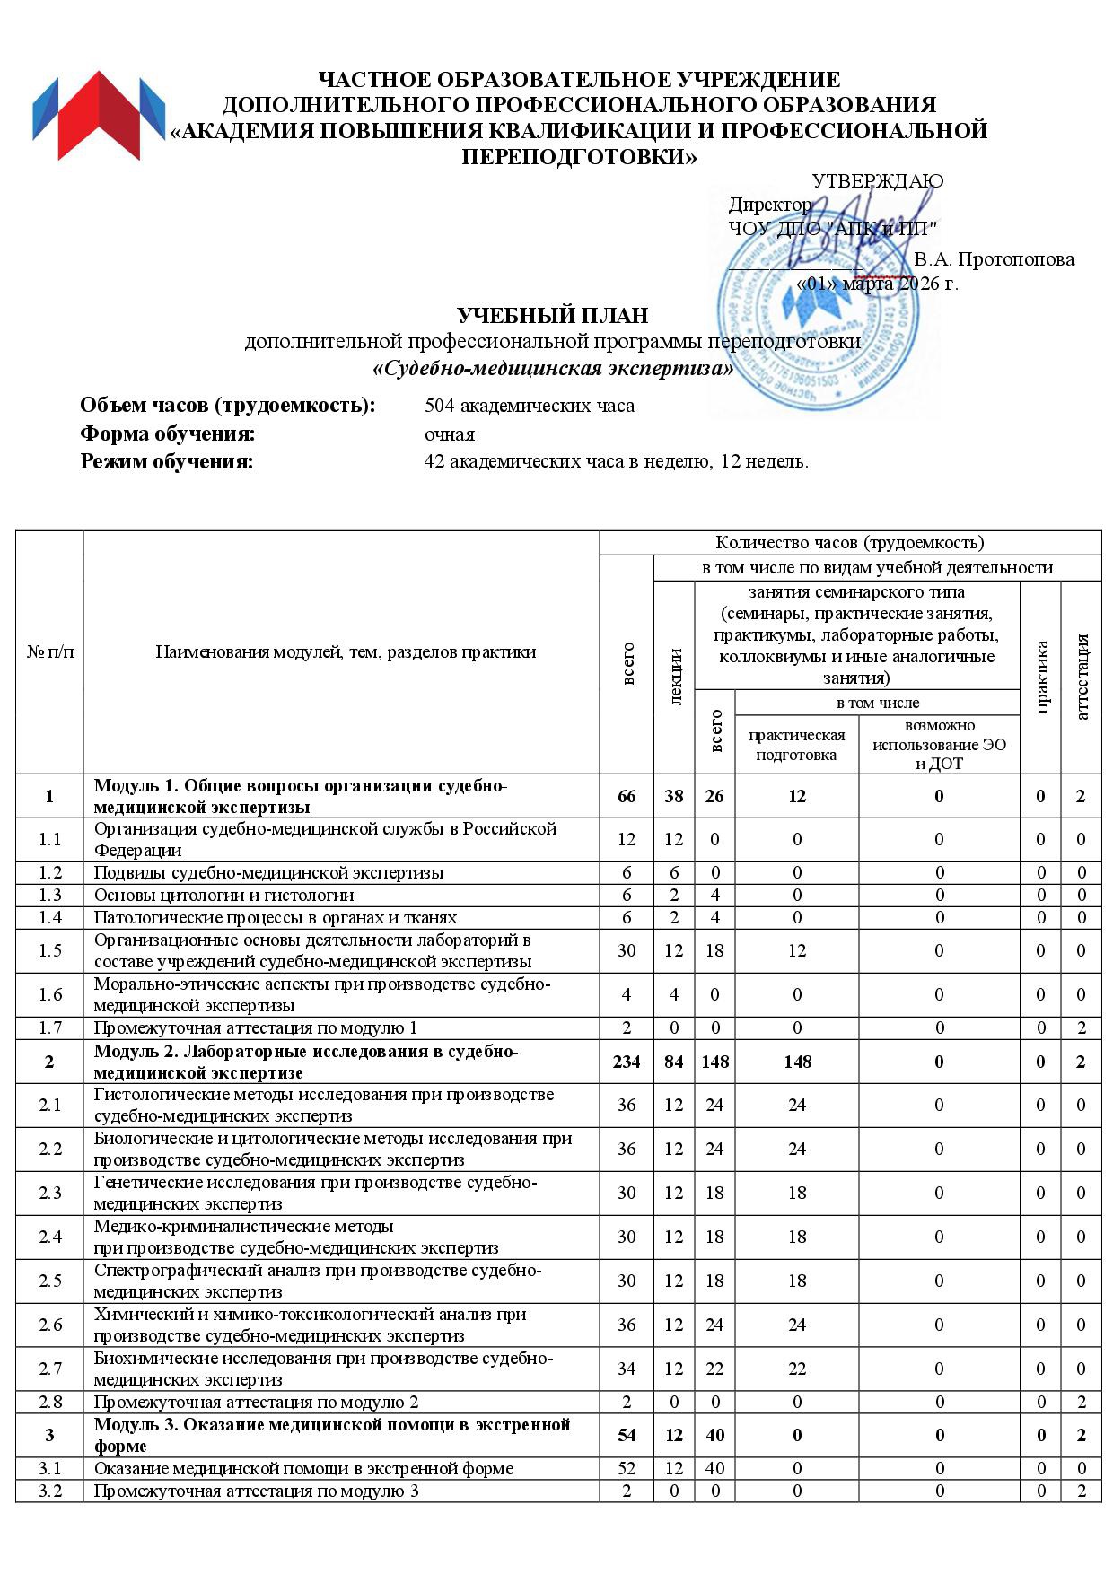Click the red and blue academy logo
[x=100, y=115]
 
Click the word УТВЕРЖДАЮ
[x=877, y=181]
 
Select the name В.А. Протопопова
[x=994, y=260]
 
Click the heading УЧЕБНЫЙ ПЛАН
[x=552, y=316]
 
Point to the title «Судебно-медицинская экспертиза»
[x=552, y=369]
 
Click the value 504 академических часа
[x=530, y=406]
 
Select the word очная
[x=450, y=434]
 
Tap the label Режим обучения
[x=167, y=462]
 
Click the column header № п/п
[x=49, y=652]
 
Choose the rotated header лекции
[x=675, y=677]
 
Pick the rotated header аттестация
[x=1082, y=677]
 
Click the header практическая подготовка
[x=796, y=745]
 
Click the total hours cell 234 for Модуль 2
[x=627, y=1062]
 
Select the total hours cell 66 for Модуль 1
[x=627, y=796]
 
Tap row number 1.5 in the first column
[x=49, y=951]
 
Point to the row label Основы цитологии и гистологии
[x=224, y=895]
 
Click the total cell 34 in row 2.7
[x=627, y=1369]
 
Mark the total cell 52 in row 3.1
[x=627, y=1469]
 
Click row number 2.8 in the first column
[x=49, y=1402]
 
